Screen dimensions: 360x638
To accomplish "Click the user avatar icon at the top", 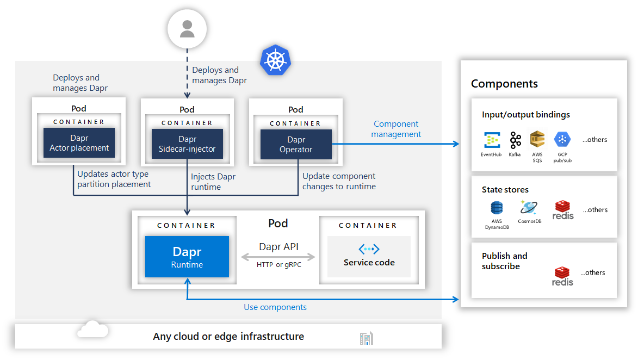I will (187, 29).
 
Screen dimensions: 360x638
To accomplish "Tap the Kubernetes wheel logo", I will (275, 60).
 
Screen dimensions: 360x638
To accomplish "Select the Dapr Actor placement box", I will (79, 143).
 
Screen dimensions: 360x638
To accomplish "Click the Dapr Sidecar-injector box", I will (187, 144).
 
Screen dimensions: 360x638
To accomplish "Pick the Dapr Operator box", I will (296, 144).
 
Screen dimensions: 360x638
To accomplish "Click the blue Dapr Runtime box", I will (187, 257).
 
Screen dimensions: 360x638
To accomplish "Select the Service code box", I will (369, 257).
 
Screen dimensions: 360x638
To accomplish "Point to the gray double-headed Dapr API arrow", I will (278, 257).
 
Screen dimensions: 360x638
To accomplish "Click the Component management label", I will (396, 129).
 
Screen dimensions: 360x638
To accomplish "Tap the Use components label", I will (275, 307).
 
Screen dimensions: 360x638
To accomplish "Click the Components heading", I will (504, 84).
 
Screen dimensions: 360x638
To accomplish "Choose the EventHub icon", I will (492, 140).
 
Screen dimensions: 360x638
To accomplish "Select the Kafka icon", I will (515, 140).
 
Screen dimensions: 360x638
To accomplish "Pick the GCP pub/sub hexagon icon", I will (562, 140).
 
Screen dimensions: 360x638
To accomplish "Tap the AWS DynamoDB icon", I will (497, 208).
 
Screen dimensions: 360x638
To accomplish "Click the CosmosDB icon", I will (529, 207).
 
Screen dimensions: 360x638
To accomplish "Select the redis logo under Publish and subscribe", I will (562, 276).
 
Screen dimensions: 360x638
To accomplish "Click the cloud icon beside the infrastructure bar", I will (93, 330).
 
